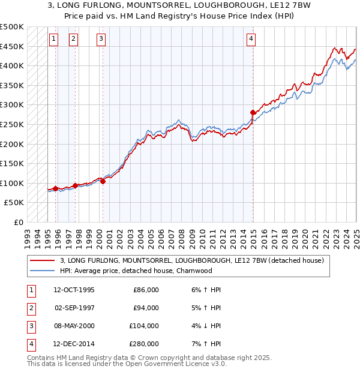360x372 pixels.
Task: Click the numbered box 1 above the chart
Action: [x=53, y=40]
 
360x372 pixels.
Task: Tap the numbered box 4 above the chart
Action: [x=251, y=40]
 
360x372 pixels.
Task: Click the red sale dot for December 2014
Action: [x=253, y=112]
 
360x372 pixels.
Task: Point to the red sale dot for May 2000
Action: [x=103, y=181]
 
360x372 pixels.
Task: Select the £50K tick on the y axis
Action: [x=14, y=203]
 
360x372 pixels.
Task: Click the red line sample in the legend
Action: [x=42, y=261]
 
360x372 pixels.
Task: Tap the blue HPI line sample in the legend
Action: [x=42, y=271]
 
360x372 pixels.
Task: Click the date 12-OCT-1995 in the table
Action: [x=74, y=290]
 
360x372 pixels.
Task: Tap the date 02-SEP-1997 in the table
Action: [x=74, y=308]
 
